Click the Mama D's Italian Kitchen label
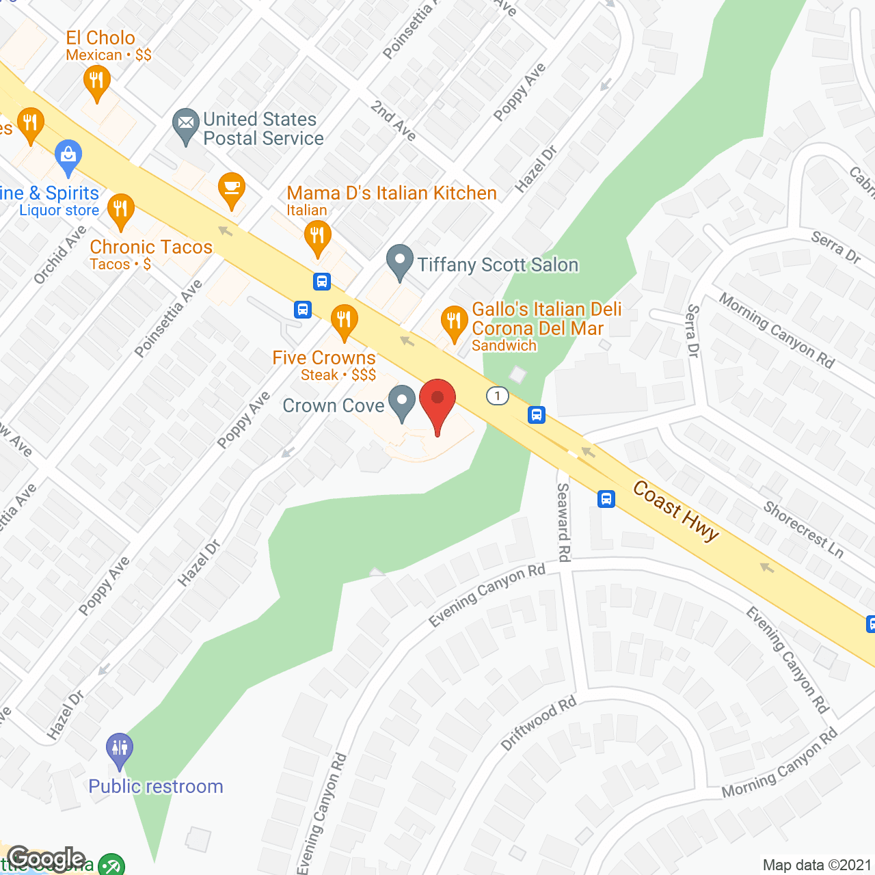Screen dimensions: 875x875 (391, 193)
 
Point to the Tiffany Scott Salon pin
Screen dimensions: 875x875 (400, 262)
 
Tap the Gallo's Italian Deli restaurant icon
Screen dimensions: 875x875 (453, 321)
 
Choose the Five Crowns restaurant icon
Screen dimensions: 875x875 (344, 320)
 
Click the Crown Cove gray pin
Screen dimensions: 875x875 (402, 401)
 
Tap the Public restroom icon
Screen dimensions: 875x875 (120, 748)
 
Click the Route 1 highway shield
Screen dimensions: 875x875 (498, 395)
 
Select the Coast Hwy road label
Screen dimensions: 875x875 (675, 511)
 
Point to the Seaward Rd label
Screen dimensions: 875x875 (563, 522)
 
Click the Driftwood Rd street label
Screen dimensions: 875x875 (538, 723)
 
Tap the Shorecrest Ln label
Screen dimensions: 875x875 (803, 529)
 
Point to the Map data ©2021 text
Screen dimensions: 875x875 (817, 865)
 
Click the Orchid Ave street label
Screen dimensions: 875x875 (60, 254)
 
